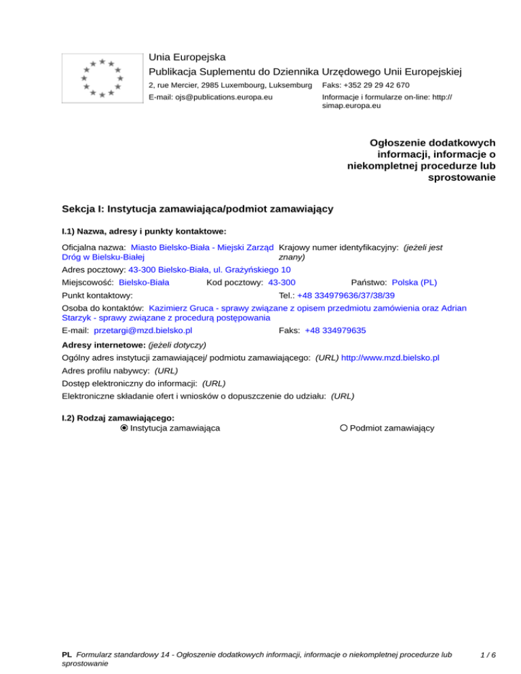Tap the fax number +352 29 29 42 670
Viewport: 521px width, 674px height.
tap(366, 85)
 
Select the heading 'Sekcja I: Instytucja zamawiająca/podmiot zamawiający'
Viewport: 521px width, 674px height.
tap(197, 209)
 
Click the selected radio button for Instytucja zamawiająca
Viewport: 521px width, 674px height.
tap(123, 428)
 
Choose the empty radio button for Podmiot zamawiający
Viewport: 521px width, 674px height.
tap(344, 428)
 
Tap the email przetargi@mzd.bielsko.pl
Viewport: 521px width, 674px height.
tap(143, 330)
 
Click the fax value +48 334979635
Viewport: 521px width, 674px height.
tap(336, 330)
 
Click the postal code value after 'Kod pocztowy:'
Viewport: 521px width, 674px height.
tap(282, 282)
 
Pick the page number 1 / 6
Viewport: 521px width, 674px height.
tap(488, 655)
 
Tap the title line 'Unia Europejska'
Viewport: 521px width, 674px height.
tap(187, 57)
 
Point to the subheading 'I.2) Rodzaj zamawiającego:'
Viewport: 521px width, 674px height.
tap(118, 418)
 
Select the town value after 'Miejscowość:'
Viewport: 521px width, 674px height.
tap(144, 282)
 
